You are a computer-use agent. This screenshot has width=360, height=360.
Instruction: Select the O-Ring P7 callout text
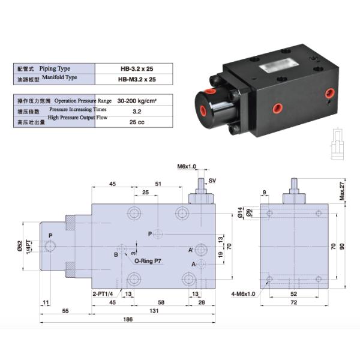click(x=148, y=261)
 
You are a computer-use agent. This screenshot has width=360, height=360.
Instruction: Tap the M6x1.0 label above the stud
click(x=187, y=166)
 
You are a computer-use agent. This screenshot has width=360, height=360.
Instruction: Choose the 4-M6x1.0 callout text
click(x=244, y=294)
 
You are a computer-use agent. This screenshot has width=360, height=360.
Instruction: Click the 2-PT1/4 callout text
click(x=105, y=294)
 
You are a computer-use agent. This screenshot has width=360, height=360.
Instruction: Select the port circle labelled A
click(x=203, y=264)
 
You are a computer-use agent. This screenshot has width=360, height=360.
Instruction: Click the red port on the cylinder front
click(x=209, y=92)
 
